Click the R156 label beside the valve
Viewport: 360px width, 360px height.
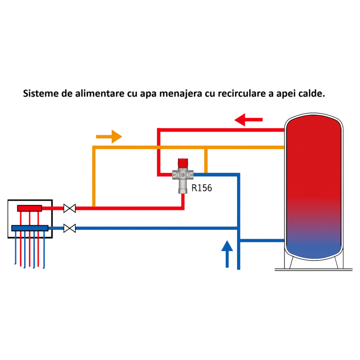[x=202, y=188]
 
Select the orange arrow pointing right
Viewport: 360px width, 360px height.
[x=109, y=137]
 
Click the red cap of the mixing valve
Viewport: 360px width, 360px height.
[x=183, y=164]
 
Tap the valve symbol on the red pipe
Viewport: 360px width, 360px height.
[x=69, y=208]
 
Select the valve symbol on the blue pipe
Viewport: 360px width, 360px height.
[x=69, y=228]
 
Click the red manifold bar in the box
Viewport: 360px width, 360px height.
[x=29, y=208]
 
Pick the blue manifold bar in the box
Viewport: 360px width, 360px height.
[x=29, y=228]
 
